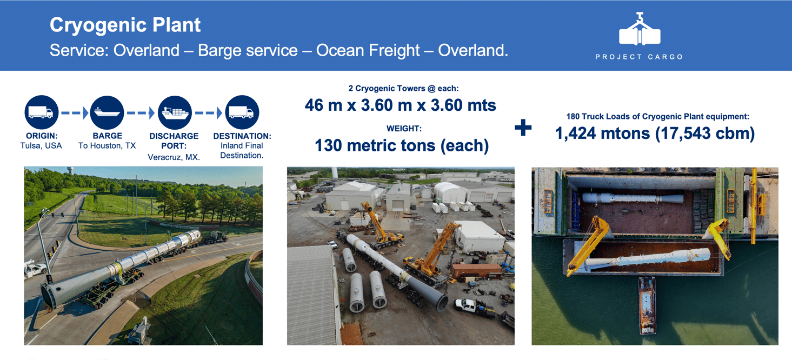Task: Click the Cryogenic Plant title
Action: pos(125,25)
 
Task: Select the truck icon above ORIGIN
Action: pos(42,112)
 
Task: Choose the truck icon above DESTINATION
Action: pos(242,112)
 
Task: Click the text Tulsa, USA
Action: pos(41,146)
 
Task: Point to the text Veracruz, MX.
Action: pos(174,157)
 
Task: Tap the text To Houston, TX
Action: pos(107,146)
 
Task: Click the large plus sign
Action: pos(523,128)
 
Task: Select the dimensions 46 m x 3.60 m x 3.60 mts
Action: pos(400,105)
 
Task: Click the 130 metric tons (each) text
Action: pos(402,145)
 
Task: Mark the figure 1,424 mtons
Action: pos(602,134)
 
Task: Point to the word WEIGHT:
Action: pos(404,128)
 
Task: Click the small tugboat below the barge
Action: pos(647,305)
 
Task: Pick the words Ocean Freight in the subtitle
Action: pos(368,50)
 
